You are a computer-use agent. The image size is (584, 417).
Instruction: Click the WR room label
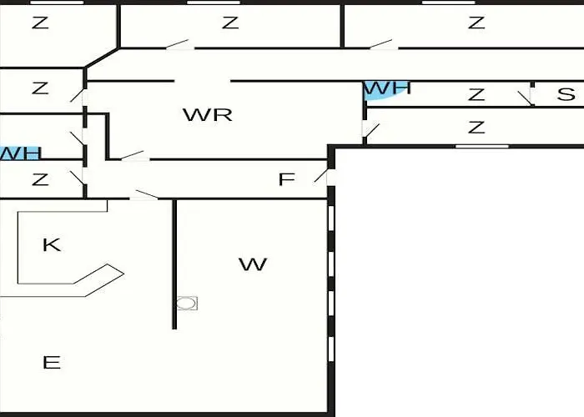tap(207, 115)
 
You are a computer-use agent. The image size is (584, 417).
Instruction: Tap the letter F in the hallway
tap(286, 180)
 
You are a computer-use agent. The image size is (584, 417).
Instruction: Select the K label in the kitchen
tap(51, 245)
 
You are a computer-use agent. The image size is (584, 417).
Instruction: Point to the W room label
tap(253, 265)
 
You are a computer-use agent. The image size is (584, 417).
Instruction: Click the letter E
tap(51, 363)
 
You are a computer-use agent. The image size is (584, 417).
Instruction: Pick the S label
tap(566, 95)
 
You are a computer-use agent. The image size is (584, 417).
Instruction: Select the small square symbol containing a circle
tap(188, 303)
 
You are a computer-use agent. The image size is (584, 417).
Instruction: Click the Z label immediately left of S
tap(476, 95)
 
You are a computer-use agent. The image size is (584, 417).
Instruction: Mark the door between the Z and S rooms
tap(526, 97)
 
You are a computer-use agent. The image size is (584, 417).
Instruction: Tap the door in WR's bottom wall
tap(133, 156)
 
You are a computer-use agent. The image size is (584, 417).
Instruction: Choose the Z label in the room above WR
tap(230, 23)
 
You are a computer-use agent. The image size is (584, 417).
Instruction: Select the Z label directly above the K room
tap(39, 178)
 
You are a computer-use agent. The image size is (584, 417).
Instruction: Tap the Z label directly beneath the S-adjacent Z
tap(476, 128)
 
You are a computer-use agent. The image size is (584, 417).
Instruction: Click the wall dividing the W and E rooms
tap(174, 263)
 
